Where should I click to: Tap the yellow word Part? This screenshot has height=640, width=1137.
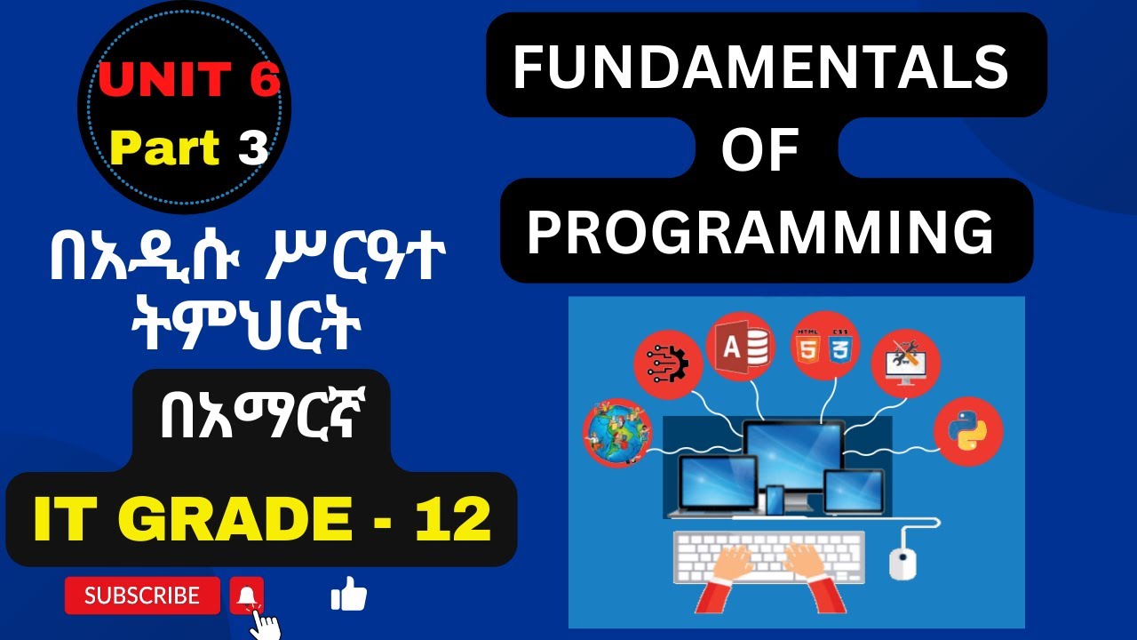coord(165,148)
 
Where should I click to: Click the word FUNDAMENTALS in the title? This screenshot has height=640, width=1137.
coord(760,68)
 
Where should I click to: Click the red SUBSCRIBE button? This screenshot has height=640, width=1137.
coord(142,596)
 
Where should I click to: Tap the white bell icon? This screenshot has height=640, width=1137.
coord(246,596)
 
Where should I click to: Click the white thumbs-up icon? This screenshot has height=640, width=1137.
coord(348,595)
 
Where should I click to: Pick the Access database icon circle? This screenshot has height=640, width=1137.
coord(740,346)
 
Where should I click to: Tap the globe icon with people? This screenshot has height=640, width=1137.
coord(617,435)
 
